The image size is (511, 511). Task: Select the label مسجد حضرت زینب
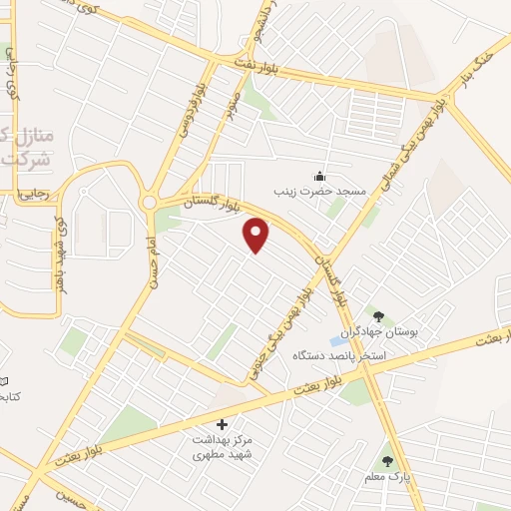321,190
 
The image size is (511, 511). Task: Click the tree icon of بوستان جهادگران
377,317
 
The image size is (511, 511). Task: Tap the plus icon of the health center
222,424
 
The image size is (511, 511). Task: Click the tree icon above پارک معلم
387,461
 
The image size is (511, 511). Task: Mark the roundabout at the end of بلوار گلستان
149,203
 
